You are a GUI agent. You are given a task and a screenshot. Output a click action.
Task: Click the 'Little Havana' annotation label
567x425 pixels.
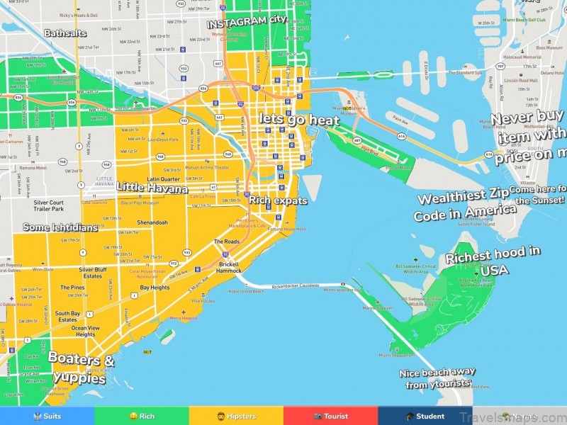[152, 188]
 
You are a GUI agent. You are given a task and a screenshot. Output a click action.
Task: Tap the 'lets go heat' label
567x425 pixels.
[298, 120]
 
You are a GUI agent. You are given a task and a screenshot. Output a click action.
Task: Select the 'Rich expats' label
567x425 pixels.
[278, 200]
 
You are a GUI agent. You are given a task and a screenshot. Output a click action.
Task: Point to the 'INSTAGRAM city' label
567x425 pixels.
[247, 22]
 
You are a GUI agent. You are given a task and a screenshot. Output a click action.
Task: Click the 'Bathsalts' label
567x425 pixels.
[64, 33]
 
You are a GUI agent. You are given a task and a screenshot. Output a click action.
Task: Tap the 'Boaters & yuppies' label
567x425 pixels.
[81, 368]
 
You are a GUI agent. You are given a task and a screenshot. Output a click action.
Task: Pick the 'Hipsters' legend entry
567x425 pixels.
[236, 416]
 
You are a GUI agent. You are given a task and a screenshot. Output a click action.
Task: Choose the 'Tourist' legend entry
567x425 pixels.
[330, 416]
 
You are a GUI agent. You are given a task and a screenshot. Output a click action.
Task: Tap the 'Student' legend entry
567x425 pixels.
[425, 416]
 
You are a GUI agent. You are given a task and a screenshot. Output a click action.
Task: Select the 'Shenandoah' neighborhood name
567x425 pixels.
[153, 222]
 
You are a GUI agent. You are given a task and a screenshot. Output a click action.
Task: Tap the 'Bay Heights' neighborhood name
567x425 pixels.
[155, 288]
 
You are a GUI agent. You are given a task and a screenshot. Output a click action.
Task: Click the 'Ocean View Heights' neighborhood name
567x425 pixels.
[85, 331]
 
